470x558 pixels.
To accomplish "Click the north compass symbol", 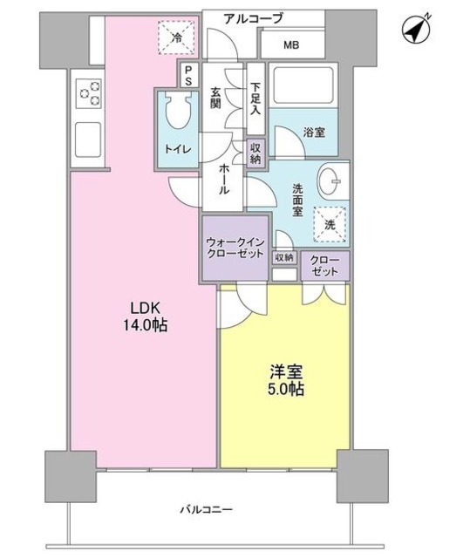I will point(418,31).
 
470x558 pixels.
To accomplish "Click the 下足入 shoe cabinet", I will point(255,99).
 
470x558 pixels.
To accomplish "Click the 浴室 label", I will point(314,133).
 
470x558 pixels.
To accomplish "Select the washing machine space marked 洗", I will point(330,223).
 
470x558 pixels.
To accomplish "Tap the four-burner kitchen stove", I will point(90,91).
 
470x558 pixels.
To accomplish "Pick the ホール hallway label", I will point(224,178).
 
